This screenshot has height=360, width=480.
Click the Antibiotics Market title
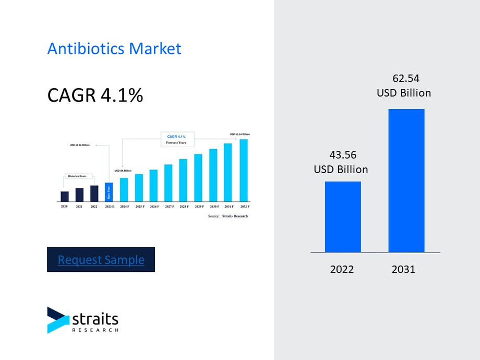(114, 49)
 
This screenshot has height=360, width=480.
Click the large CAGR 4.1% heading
(95, 95)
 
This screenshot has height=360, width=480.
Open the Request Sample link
(101, 259)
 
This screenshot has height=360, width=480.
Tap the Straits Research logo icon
(57, 320)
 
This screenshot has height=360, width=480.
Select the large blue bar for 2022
(343, 217)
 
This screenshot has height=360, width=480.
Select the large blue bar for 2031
(406, 181)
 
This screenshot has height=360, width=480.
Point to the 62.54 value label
(405, 79)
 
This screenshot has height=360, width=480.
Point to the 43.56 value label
(341, 155)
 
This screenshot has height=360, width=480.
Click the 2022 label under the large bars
(342, 269)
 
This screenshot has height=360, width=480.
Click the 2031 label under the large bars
(403, 269)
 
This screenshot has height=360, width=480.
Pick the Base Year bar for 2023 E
(109, 192)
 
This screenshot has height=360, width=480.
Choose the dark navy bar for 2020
(65, 196)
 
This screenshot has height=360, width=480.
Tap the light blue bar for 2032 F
(244, 170)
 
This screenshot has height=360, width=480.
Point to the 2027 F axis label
(169, 207)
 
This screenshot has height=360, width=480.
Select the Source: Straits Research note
(228, 216)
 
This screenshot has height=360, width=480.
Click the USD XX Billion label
(123, 171)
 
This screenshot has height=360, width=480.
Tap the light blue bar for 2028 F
(183, 180)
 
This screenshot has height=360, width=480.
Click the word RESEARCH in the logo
(95, 330)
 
